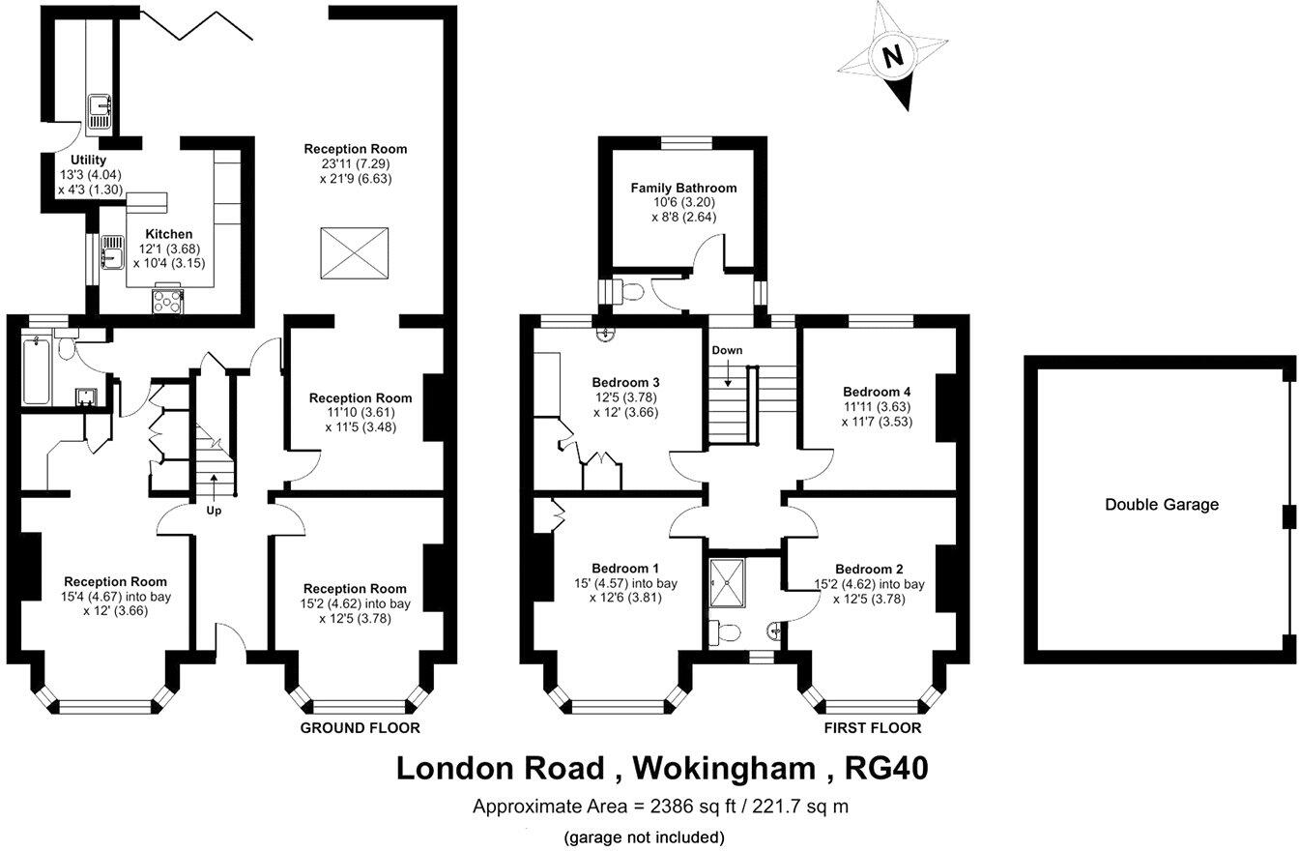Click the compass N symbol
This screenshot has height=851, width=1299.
point(894,56)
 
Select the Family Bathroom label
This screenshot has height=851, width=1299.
point(683,188)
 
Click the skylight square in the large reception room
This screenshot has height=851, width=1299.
point(355,254)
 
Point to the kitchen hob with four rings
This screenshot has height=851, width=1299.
point(167,301)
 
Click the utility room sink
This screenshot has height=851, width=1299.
point(99,111)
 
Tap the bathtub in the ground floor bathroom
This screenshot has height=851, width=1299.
point(36,370)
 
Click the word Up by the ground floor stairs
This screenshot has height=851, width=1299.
point(214,510)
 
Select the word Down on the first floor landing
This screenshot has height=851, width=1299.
point(727,350)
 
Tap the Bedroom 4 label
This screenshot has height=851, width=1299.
point(877,392)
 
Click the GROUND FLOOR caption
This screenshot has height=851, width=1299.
point(360,727)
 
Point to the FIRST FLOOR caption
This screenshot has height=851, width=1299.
point(872,727)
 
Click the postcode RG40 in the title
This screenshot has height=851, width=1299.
point(886,768)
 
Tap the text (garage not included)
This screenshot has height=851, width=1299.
point(644,836)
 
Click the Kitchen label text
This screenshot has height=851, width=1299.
point(168,234)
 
